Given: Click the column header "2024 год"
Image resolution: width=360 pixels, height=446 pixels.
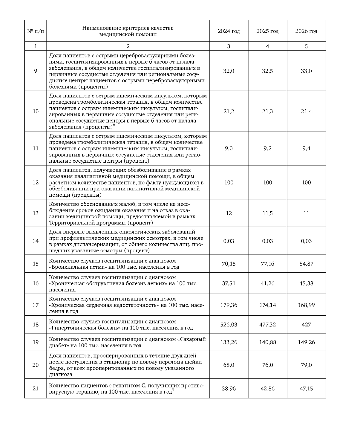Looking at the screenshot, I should pos(229,31).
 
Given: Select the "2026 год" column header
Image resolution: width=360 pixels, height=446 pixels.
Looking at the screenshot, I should pos(306,31).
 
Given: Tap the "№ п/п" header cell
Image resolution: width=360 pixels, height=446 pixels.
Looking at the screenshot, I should pos(36,31).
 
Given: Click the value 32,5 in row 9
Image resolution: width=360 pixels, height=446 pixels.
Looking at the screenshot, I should pos(267,71).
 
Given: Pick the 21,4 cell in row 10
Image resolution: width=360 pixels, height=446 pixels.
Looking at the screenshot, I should pos(306,111).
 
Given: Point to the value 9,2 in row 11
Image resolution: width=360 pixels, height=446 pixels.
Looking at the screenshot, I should pos(267,149).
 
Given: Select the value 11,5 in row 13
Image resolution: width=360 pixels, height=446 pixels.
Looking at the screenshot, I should pos(267,213).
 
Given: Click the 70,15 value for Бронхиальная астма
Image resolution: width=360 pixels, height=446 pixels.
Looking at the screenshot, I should pos(229,264).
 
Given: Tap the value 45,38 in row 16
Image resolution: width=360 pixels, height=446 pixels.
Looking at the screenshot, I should pos(306,283).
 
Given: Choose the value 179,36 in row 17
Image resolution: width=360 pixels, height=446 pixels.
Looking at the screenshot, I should pos(229,305).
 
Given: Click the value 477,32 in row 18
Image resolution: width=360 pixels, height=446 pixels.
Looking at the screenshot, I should pos(267,325).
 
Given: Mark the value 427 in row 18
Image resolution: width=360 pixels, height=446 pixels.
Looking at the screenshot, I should pos(306,325).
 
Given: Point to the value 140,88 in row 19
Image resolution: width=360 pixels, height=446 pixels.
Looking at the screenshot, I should pos(267,342).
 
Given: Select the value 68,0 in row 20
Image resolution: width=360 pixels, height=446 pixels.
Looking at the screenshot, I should pos(229,365).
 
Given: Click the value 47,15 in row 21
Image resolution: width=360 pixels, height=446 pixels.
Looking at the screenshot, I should pos(306,389).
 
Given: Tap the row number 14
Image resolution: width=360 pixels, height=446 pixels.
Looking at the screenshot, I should pos(36,241).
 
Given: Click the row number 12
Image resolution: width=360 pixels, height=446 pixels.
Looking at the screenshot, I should pos(36,183).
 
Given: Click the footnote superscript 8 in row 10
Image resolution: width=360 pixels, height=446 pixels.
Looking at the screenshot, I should pos(114,125).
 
